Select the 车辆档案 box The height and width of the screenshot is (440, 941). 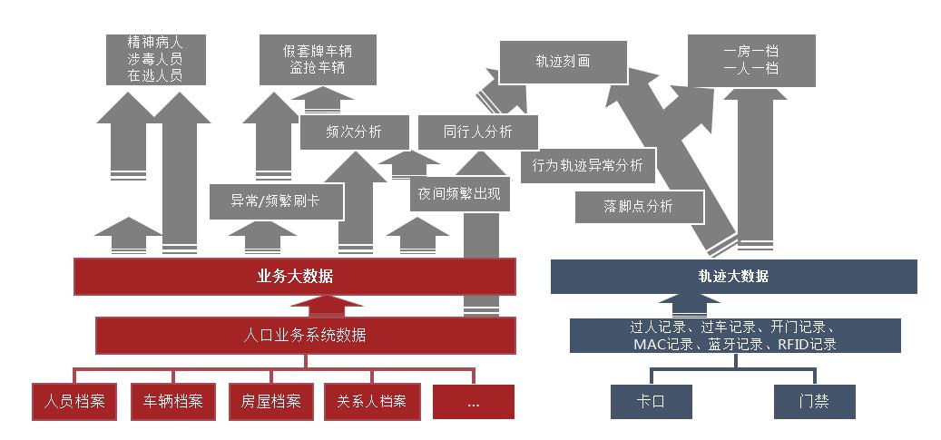pos(173,401)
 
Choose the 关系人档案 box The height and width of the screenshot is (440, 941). pos(371,401)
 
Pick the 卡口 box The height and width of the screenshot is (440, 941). pos(652,401)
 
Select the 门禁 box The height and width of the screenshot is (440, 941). pos(814,401)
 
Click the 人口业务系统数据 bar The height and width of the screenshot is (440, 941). pos(306,335)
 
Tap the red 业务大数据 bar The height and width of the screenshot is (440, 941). pos(295,276)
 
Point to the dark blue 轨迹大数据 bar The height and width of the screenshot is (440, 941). pos(733,276)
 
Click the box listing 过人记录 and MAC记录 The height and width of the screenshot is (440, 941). pos(734,336)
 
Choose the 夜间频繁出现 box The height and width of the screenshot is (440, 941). pos(458,193)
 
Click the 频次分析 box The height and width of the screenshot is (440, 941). pos(354,132)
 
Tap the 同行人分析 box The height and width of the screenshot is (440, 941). pos(477,132)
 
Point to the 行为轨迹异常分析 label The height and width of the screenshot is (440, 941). pos(587,165)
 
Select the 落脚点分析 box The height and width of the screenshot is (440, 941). pos(638,206)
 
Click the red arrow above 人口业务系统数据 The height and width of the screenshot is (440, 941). pos(306,305)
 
